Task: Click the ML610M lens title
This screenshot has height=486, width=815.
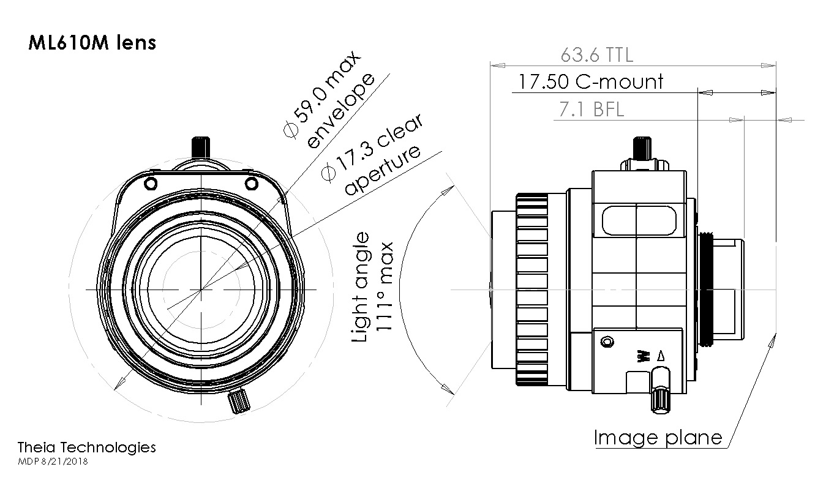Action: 92,43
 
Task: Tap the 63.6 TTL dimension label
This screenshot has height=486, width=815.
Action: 596,55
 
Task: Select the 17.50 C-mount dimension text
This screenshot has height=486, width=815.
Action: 590,81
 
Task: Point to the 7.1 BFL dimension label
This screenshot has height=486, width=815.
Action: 592,109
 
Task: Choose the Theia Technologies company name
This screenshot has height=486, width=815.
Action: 86,447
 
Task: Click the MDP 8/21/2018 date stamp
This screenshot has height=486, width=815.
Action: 53,462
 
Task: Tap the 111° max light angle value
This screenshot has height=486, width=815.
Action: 385,286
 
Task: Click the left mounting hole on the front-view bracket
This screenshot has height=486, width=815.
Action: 151,184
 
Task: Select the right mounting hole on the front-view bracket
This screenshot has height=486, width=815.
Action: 251,184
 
